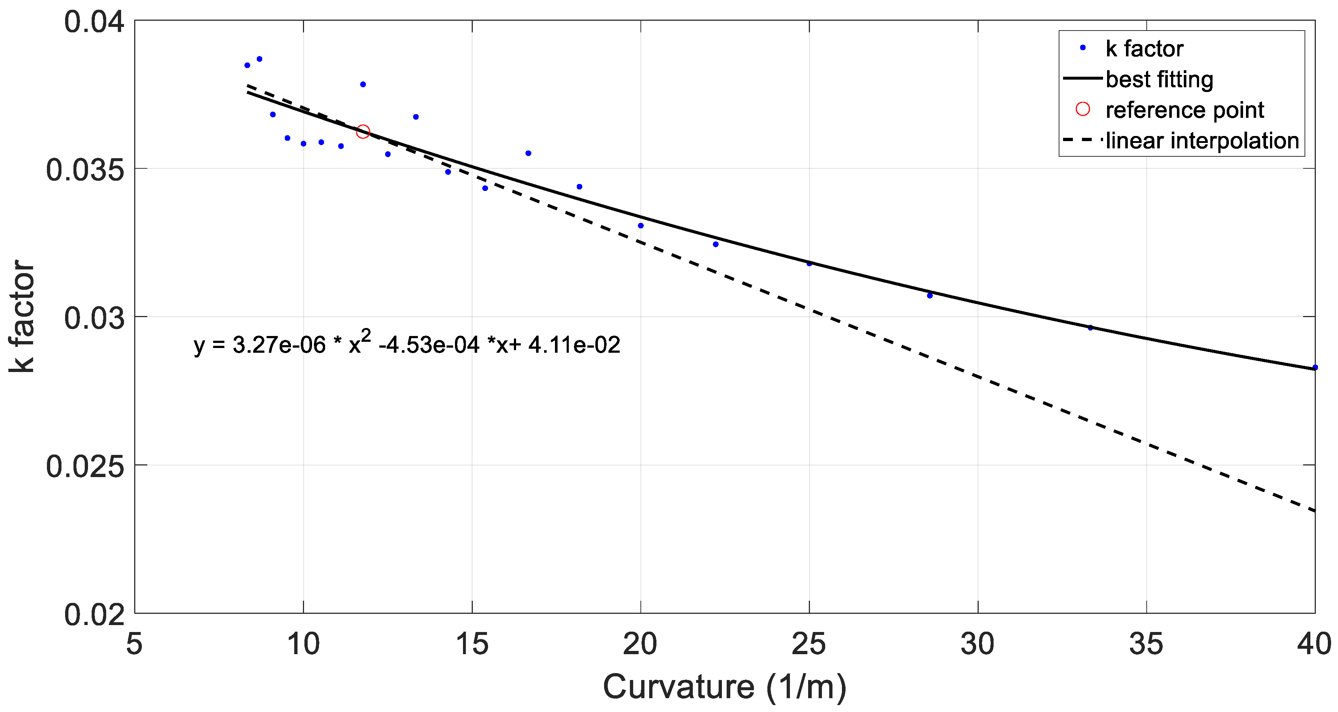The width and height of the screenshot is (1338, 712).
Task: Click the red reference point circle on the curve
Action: pyautogui.click(x=363, y=132)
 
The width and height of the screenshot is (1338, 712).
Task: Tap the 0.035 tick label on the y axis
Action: pyautogui.click(x=86, y=170)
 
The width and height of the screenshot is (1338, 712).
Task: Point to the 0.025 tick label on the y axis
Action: pyautogui.click(x=86, y=466)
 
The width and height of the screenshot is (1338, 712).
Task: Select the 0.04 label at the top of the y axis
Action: pyautogui.click(x=95, y=22)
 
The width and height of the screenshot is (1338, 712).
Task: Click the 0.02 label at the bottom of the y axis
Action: pyautogui.click(x=95, y=615)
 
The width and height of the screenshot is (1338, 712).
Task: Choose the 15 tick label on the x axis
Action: pyautogui.click(x=472, y=644)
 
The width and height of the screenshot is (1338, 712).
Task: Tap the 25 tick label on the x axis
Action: pyautogui.click(x=809, y=644)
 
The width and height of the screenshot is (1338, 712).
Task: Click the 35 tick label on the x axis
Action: pyautogui.click(x=1146, y=644)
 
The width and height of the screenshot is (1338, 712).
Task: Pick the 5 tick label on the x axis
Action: pyautogui.click(x=135, y=644)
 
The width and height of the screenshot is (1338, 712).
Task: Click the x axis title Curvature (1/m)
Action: pyautogui.click(x=724, y=687)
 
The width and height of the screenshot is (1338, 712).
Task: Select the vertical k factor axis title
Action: pyautogui.click(x=22, y=316)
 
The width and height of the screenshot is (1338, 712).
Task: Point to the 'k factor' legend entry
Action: pyautogui.click(x=1144, y=49)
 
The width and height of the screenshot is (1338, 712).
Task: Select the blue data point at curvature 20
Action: pyautogui.click(x=640, y=225)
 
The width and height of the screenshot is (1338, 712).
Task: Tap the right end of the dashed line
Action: pyautogui.click(x=1314, y=511)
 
